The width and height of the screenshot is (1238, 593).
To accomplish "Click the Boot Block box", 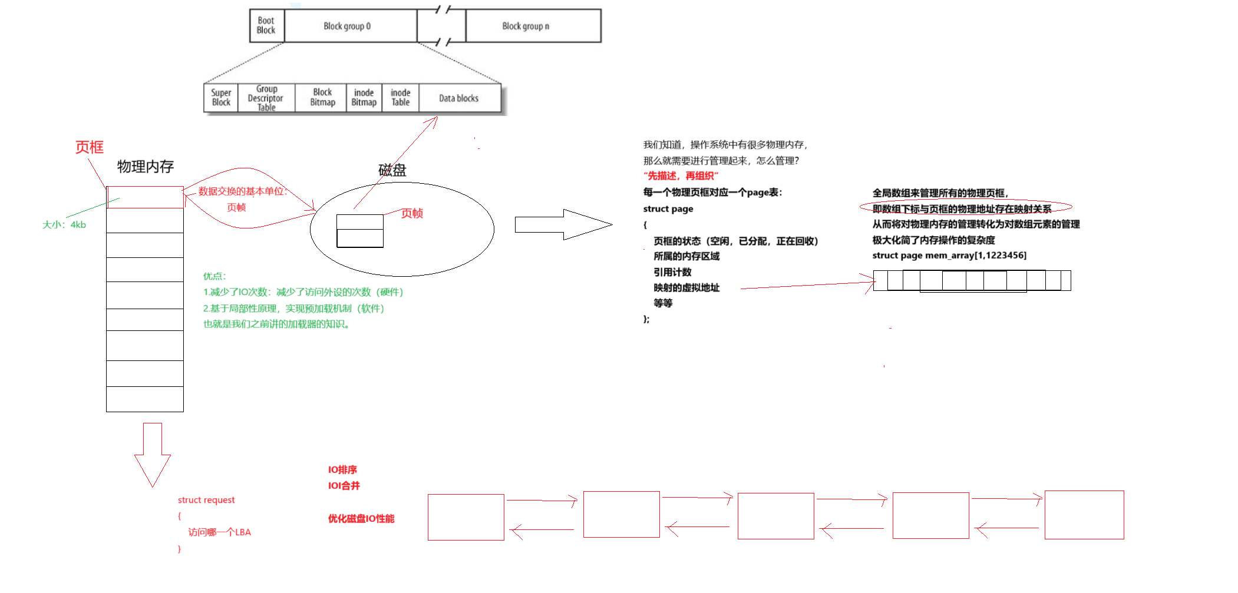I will coord(266,25).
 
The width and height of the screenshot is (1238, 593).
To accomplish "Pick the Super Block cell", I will coord(221,98).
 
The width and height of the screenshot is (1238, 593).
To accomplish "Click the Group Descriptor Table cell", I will coord(266,98).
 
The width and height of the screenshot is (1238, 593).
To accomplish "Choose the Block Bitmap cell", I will coord(322,98).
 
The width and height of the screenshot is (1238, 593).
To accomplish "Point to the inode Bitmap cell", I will coord(364,98).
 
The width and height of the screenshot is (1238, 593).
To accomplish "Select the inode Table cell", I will coord(400,98).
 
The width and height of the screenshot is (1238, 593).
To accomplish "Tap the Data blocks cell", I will coord(459,98).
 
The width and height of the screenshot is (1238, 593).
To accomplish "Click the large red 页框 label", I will coord(90,147).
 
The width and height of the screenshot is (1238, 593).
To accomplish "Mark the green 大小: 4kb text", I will coord(64,225).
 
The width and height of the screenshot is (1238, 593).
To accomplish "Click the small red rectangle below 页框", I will coord(146,197).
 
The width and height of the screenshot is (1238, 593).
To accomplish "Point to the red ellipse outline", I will coord(965,207).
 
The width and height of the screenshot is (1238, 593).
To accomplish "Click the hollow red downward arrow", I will coord(153,453).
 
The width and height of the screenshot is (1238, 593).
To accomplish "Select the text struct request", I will coord(206,501).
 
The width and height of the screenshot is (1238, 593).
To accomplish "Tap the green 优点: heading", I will coord(214,276).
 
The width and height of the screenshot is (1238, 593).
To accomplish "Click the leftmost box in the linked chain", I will coord(466,517).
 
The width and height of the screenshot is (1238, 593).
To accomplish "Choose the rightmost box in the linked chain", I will coord(1084,515).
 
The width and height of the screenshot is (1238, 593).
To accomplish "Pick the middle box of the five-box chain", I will coord(776,516).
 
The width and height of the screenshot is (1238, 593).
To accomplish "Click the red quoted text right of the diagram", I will coord(681,175).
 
